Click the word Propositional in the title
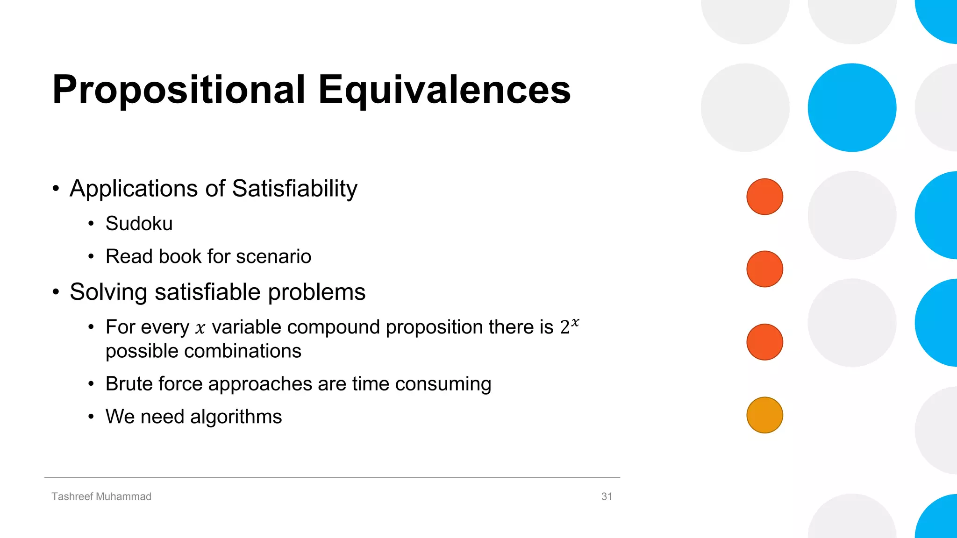pos(179,90)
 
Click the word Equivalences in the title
pos(444,90)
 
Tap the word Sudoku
pos(139,224)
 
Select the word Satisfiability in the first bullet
pos(294,189)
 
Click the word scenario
pos(273,256)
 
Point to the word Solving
pos(108,293)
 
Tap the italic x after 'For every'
pos(200,329)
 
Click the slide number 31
pos(607,496)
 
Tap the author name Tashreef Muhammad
pos(101,496)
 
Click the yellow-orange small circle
pos(764,415)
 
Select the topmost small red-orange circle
pos(764,197)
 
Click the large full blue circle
pos(852,107)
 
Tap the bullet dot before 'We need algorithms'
pos(91,417)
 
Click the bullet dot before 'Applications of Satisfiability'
pos(56,189)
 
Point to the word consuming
pos(443,384)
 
